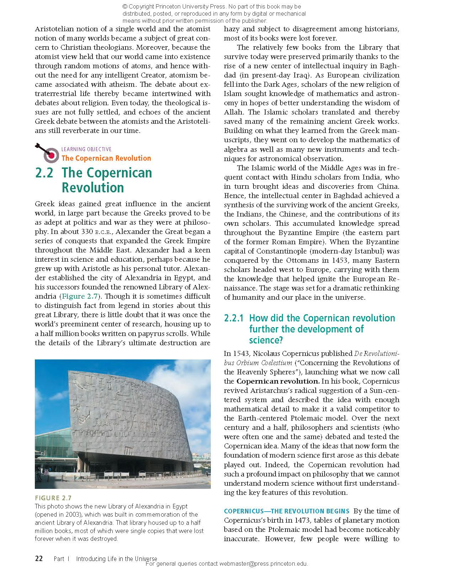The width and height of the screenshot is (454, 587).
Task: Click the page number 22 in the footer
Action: pyautogui.click(x=39, y=559)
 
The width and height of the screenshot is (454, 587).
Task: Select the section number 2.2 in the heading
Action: pyautogui.click(x=44, y=173)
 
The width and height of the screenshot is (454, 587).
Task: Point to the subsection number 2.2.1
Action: pyautogui.click(x=234, y=318)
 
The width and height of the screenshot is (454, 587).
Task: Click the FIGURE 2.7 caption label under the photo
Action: pyautogui.click(x=53, y=498)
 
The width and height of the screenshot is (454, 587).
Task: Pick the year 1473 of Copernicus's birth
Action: pyautogui.click(x=292, y=521)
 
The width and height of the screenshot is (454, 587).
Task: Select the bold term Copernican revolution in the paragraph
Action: pyautogui.click(x=278, y=381)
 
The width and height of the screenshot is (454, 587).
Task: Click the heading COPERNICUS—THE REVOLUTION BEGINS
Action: pyautogui.click(x=287, y=511)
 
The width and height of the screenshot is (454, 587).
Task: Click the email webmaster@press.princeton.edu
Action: pyautogui.click(x=263, y=564)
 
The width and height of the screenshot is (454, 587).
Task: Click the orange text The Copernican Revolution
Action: pyautogui.click(x=106, y=159)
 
